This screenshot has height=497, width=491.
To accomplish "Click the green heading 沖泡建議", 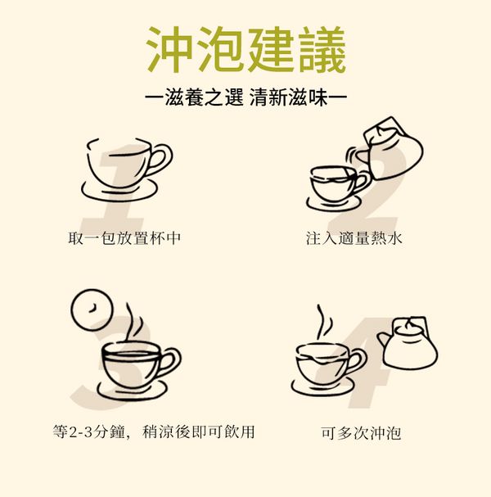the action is coord(246,50).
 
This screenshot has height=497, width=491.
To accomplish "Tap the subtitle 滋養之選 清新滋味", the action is coord(245,97).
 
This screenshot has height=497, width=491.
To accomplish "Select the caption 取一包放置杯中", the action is coord(124,238).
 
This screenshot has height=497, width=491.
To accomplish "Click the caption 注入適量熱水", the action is coord(354,238).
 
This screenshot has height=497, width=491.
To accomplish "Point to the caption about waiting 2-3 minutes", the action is coord(154,431).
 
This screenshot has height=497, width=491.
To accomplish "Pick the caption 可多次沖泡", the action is coord(361,433).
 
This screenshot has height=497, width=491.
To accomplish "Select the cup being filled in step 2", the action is coord(337,184).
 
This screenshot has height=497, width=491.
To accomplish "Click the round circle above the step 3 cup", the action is coord(92,309).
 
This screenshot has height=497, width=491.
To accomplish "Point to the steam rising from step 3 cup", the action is coord(133,322).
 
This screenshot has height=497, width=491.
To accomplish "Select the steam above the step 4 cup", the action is coord(324,322).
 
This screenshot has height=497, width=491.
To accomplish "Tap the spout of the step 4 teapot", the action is coord(383,340).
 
